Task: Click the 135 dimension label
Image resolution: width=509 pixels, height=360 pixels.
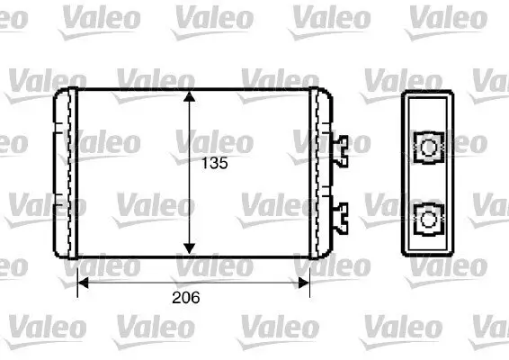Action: click(214, 165)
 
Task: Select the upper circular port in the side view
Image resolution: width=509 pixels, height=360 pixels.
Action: click(427, 146)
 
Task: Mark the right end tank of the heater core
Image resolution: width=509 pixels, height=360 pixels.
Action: click(320, 171)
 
